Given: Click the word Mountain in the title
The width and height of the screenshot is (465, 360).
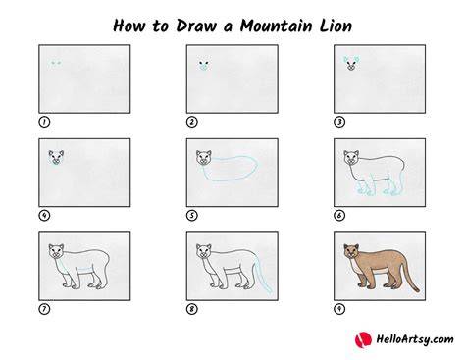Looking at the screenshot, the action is point(276,26).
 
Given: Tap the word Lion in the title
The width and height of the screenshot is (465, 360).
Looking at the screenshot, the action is point(336,26).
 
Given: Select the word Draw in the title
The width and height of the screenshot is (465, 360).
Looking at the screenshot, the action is point(196,26).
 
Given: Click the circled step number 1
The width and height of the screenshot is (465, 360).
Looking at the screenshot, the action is point(44,122).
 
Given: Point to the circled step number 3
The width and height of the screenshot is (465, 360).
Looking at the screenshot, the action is point(339,122).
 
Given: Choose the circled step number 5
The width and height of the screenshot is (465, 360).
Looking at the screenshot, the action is point(192,216).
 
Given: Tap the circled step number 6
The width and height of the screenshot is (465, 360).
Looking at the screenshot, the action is point(339,216).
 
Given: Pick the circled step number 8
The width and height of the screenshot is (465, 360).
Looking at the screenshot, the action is point(192,309).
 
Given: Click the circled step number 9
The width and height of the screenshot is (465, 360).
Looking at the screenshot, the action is point(339,309).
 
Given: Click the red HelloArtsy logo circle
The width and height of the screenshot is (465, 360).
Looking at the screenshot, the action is point(363,339).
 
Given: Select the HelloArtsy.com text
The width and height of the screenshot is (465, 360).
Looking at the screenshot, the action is point(415,339).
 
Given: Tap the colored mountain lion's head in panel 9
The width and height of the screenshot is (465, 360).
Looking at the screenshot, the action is point(351,251).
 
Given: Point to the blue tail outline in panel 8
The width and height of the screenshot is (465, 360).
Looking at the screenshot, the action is point(264,274).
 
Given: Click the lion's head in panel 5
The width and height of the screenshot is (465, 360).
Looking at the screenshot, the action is point(204,157).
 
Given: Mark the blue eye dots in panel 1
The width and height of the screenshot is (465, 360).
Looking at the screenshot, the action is point(56,63).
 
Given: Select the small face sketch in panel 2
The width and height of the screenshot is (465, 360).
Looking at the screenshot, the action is point(203,65).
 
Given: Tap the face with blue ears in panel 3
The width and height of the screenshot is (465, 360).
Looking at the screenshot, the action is point(351,63).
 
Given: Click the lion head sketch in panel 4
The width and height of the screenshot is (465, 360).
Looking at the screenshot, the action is point(56,157).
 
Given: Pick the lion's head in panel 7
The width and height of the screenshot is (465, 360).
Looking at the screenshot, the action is point(56,251).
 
